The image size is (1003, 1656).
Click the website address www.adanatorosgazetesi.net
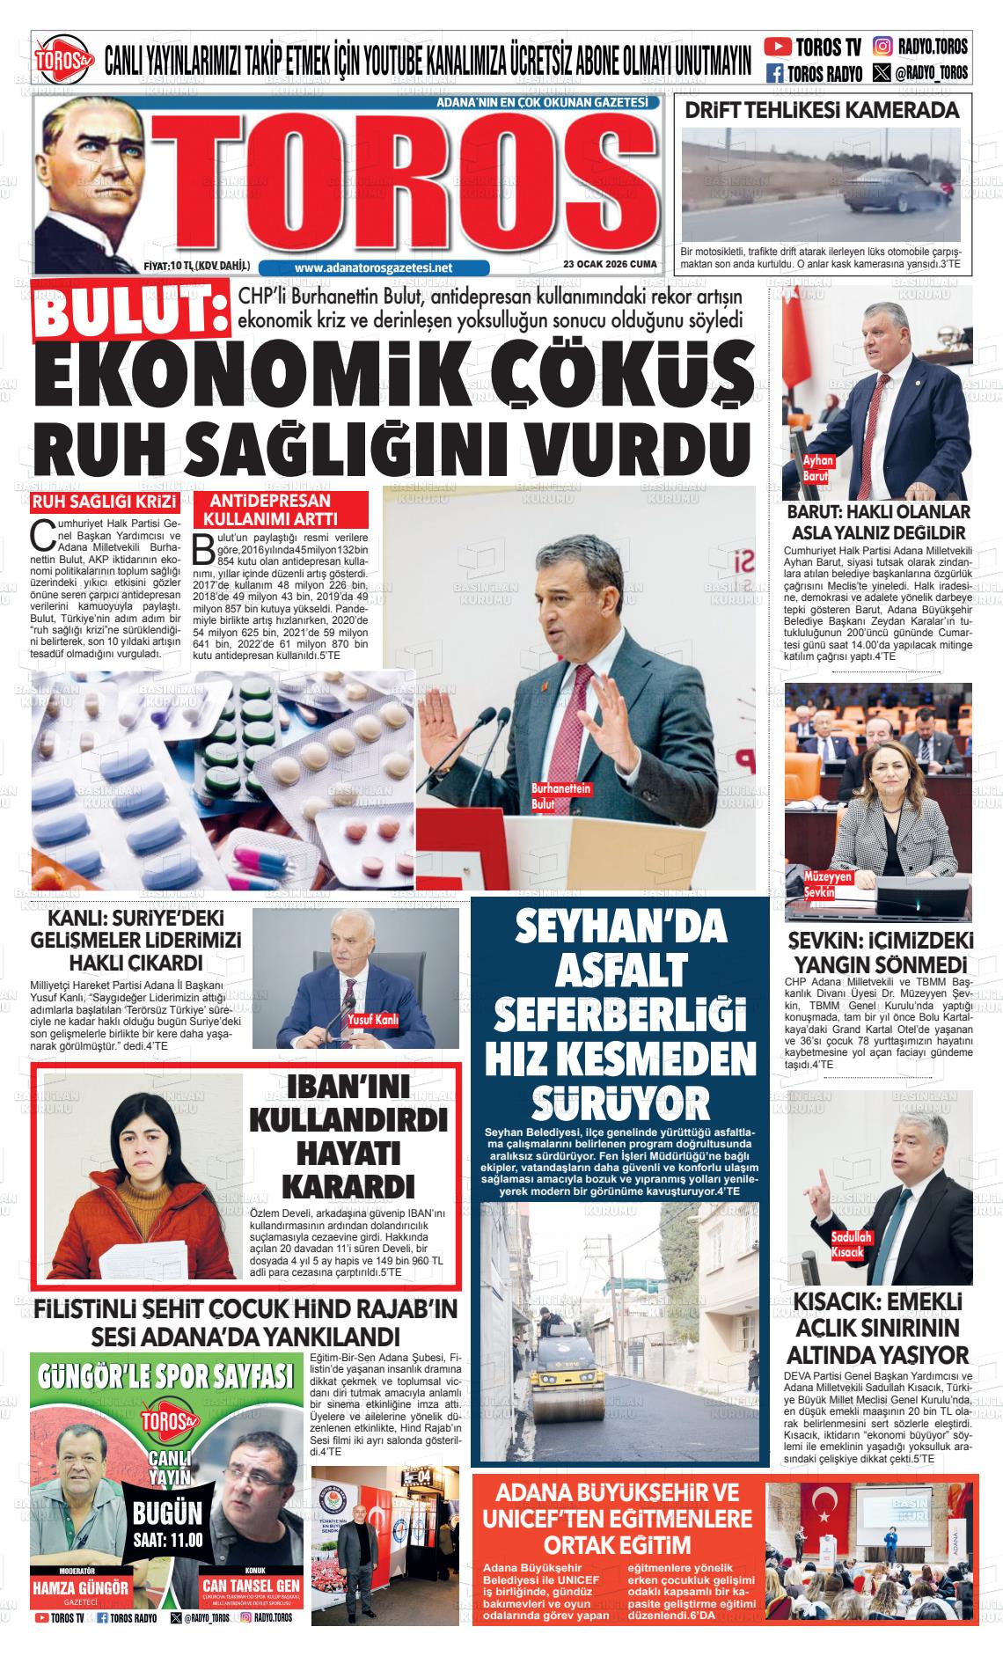pyautogui.click(x=373, y=267)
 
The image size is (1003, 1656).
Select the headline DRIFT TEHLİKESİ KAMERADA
pyautogui.click(x=822, y=111)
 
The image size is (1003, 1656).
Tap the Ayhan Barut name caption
pyautogui.click(x=817, y=468)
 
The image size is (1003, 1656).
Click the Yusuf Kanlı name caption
pyautogui.click(x=373, y=1020)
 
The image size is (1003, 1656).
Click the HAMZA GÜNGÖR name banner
pyautogui.click(x=80, y=1588)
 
